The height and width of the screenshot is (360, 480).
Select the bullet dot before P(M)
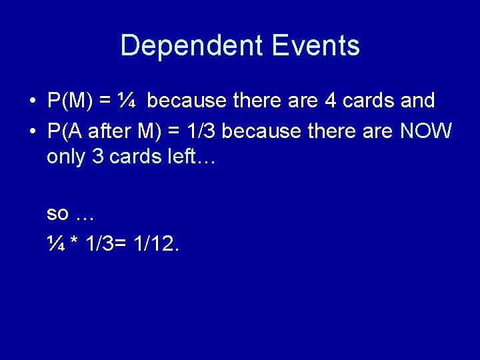click(x=32, y=102)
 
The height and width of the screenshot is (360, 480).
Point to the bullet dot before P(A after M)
click(x=32, y=132)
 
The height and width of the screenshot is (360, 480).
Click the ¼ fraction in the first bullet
click(x=127, y=101)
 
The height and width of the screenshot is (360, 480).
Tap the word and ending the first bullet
click(x=418, y=101)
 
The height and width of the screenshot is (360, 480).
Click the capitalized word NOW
click(x=426, y=132)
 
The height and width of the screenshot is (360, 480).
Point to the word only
click(x=67, y=158)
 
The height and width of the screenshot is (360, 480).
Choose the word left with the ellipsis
click(x=187, y=158)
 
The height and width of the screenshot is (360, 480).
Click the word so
click(x=57, y=214)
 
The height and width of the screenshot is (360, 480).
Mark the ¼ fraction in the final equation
click(x=55, y=245)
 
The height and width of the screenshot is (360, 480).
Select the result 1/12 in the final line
click(x=156, y=245)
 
